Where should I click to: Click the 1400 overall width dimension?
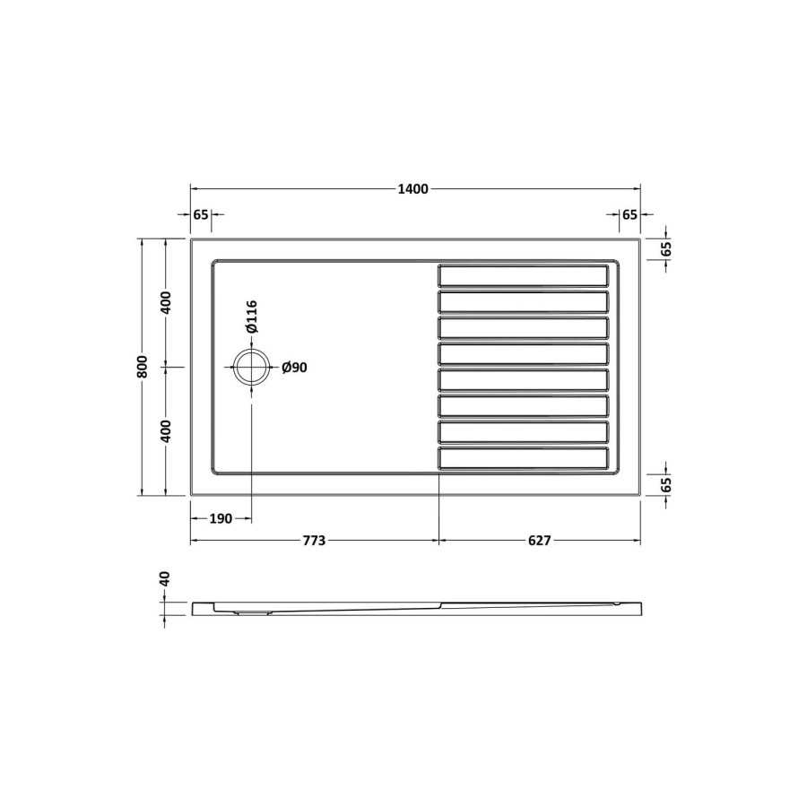(414, 189)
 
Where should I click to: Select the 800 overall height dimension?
(142, 367)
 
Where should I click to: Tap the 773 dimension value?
(313, 541)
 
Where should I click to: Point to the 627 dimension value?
(539, 541)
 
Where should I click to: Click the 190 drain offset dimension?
(221, 518)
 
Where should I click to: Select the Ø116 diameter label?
(252, 317)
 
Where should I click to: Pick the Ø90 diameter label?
(294, 368)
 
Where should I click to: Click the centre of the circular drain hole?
(251, 367)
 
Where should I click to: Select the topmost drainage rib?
(523, 274)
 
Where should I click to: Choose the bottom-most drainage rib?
(523, 458)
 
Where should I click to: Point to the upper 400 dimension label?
(166, 302)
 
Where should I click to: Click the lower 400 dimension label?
(166, 431)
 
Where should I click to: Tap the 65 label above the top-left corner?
(201, 214)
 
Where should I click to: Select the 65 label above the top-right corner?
(629, 214)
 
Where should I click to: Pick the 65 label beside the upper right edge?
(666, 249)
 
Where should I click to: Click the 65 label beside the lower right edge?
(666, 484)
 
